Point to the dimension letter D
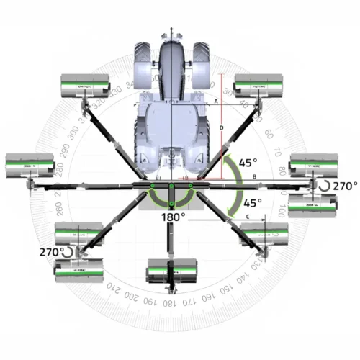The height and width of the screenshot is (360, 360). click(x=222, y=128)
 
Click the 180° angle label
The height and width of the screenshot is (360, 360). click(x=173, y=216)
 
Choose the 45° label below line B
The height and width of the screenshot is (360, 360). click(x=253, y=203)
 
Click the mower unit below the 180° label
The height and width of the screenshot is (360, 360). click(x=173, y=274)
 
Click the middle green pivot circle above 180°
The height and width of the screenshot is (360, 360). click(x=173, y=189)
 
